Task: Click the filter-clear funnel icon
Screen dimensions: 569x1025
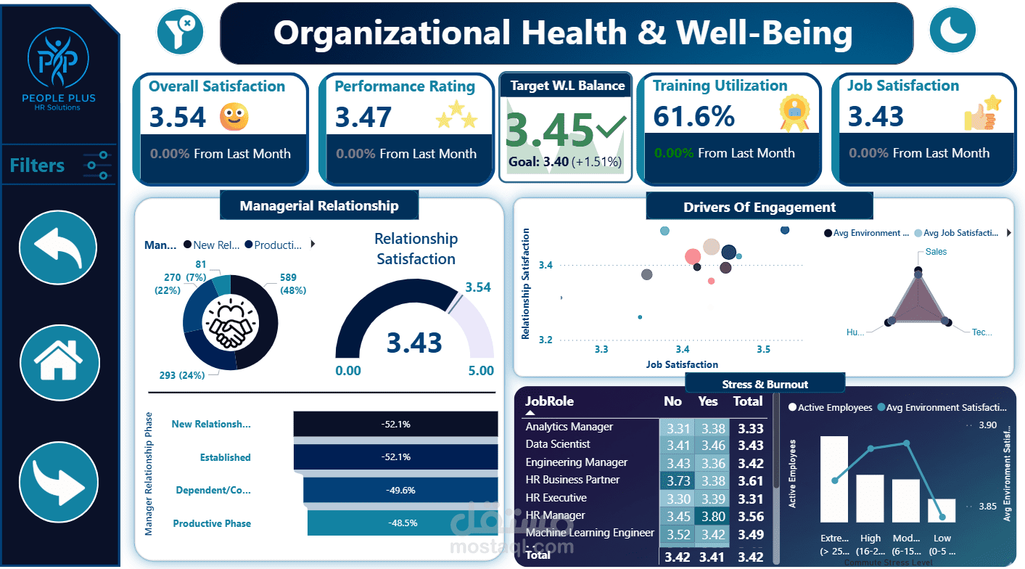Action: click(179, 32)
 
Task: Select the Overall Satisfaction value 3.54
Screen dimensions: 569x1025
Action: click(178, 117)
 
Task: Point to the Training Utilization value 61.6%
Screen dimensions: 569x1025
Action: click(693, 116)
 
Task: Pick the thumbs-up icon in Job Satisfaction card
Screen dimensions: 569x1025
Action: click(982, 113)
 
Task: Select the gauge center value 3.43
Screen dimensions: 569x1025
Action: click(413, 342)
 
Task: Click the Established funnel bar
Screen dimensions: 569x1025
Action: click(395, 457)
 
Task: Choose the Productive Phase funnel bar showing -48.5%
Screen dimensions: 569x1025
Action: click(402, 523)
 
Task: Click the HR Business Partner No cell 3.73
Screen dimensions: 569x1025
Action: click(677, 480)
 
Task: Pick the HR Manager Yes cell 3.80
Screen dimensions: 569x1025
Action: click(712, 515)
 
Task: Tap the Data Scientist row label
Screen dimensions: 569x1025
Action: click(558, 444)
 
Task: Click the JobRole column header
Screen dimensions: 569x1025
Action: click(549, 401)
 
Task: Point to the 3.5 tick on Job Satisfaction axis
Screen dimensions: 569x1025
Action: click(763, 350)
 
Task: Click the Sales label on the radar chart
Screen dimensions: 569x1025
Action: click(936, 252)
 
